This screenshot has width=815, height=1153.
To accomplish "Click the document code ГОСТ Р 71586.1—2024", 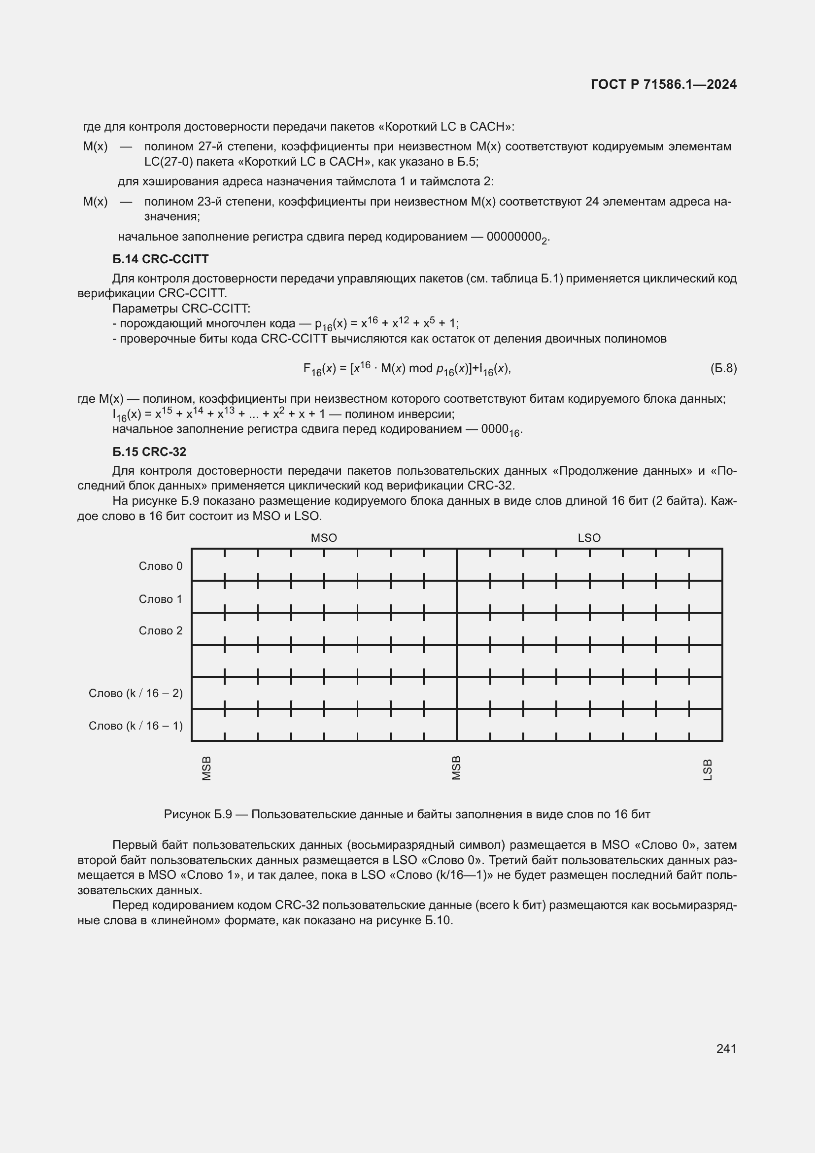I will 663,84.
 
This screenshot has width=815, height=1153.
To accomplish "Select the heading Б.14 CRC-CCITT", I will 160,259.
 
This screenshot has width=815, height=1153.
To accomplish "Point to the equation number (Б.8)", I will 723,368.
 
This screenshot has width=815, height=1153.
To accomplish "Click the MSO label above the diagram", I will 324,538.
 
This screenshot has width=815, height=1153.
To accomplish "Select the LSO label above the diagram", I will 589,538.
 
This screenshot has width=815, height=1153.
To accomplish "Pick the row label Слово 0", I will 161,566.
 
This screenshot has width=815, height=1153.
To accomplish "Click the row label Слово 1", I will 161,598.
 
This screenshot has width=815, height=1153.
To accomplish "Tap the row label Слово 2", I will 161,630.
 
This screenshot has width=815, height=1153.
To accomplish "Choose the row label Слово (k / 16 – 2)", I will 136,693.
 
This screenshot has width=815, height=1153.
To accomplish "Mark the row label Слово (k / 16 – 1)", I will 136,726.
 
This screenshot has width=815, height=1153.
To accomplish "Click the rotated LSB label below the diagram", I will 708,770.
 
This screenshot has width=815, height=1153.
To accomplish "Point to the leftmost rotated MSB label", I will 206,769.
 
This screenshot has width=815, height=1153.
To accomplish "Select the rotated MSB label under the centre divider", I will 456,769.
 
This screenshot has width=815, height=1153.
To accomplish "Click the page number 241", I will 726,1048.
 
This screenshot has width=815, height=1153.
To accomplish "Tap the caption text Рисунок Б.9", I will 198,814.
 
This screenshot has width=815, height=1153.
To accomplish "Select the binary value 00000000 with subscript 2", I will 517,237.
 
